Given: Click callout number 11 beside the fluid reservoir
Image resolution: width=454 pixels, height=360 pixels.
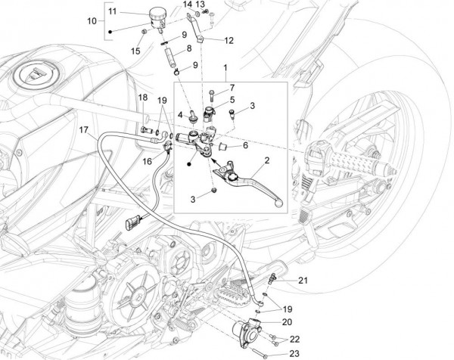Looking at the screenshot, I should (x=112, y=13).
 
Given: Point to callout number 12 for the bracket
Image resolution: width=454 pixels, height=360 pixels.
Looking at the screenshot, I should (x=229, y=40).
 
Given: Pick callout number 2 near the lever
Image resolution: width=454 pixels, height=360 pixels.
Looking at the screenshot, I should (x=266, y=161).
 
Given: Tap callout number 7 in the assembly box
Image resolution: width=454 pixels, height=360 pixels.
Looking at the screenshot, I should (x=232, y=88).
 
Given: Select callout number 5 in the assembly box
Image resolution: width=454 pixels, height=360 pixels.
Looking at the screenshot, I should (x=232, y=100).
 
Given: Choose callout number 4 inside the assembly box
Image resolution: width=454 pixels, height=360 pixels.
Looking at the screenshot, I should (x=182, y=115).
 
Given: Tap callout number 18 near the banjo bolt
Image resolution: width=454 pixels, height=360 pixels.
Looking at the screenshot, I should (x=141, y=98).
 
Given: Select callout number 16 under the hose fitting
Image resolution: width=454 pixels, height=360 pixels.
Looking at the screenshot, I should (x=147, y=161).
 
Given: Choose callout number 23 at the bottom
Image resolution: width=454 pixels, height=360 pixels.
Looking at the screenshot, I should (x=294, y=352).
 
